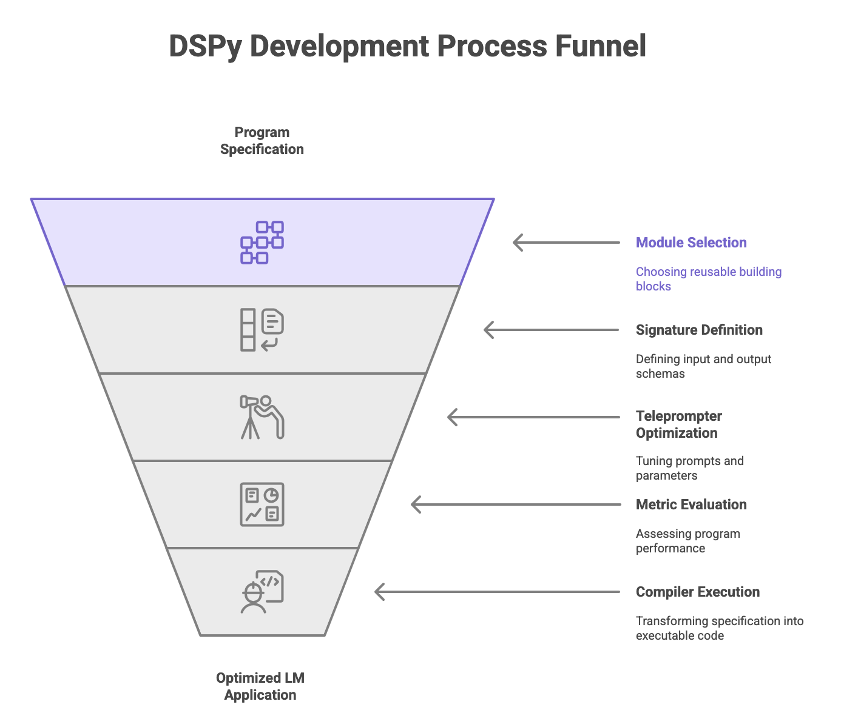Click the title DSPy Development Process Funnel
tap(407, 46)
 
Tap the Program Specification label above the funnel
tap(262, 141)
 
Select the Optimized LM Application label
tap(260, 686)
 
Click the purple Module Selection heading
tap(691, 243)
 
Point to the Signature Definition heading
tap(698, 330)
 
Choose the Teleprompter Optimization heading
tap(678, 424)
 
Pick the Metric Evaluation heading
tap(691, 504)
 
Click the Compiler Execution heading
tap(697, 592)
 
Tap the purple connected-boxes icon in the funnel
tap(262, 243)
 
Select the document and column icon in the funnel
tap(262, 330)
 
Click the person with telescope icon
tap(262, 417)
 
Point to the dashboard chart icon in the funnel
tap(262, 504)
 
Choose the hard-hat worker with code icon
tap(262, 592)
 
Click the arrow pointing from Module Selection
tap(566, 243)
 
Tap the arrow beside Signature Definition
tap(552, 330)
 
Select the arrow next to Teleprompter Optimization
tap(533, 417)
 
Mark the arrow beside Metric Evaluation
tap(515, 504)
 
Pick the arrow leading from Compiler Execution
tap(497, 592)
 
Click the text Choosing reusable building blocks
tap(708, 279)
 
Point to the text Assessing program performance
tap(687, 541)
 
